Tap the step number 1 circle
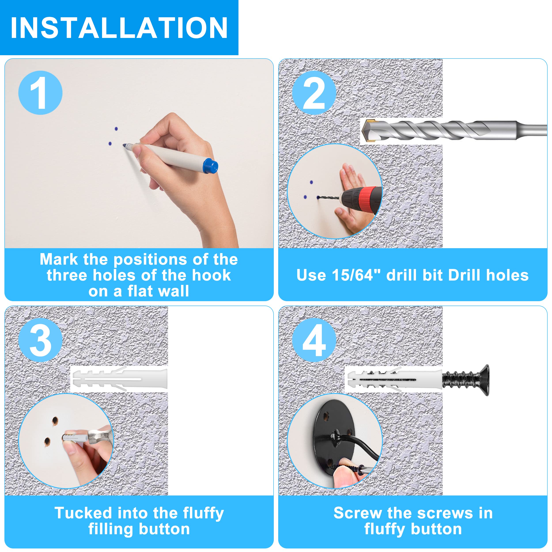point(40,93)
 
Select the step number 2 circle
point(314,93)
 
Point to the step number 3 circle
point(40,340)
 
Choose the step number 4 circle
point(314,340)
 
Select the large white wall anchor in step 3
point(119,379)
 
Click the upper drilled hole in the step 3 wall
point(55,421)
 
